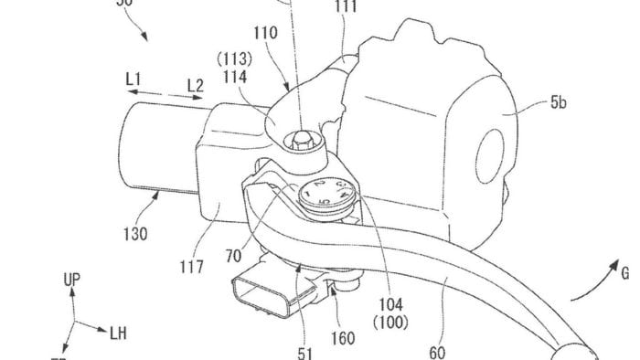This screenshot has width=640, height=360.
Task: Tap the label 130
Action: point(134,234)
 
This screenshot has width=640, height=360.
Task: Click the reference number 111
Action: point(347,8)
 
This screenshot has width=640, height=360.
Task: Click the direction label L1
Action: point(133,83)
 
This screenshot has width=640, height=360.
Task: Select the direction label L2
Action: point(193,85)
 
